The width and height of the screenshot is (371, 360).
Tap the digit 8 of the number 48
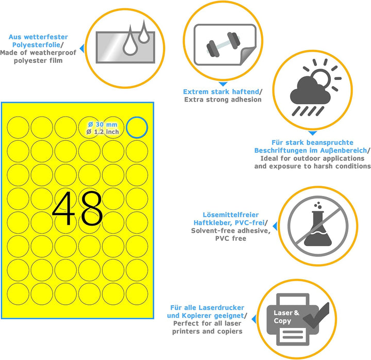(x=92, y=208)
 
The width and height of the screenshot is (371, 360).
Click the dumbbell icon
(x=223, y=44)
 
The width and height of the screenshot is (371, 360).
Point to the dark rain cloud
(x=310, y=91)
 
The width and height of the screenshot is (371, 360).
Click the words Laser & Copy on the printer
(x=286, y=317)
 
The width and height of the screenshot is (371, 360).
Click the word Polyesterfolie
(x=36, y=45)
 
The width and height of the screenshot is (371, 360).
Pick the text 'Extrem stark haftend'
(x=221, y=92)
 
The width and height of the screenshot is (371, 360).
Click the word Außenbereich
(x=344, y=151)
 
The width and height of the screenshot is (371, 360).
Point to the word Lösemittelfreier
(x=231, y=215)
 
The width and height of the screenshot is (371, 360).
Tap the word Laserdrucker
(x=221, y=308)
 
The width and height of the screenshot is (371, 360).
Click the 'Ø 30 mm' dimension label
(x=103, y=124)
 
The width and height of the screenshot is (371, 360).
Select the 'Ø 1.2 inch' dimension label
(x=103, y=132)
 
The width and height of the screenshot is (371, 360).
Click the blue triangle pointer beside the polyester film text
(x=82, y=48)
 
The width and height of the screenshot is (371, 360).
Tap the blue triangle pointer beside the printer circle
(x=254, y=319)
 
